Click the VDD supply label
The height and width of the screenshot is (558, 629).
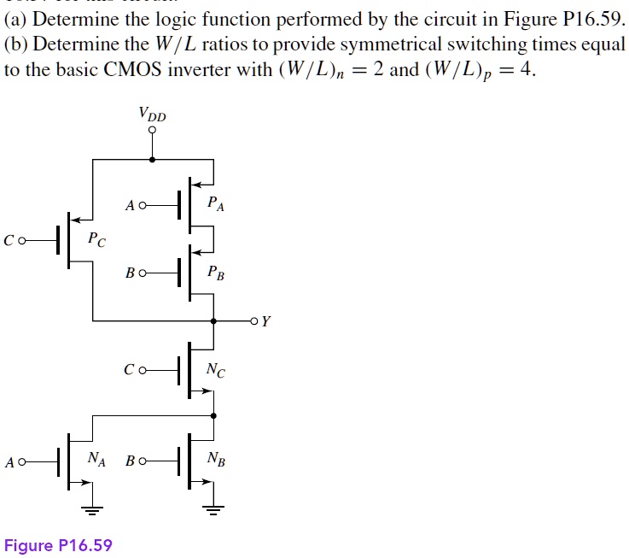[x=152, y=114]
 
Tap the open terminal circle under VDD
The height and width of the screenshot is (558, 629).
[x=152, y=131]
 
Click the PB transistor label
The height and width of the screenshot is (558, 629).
[x=216, y=273]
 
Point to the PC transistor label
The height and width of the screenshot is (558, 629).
[x=97, y=241]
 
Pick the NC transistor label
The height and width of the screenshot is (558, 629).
[x=216, y=370]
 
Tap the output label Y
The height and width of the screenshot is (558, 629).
[x=266, y=322]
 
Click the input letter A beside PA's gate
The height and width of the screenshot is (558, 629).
[x=129, y=206]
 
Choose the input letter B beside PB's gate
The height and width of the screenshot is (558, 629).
[x=129, y=274]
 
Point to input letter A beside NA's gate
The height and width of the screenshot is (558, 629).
[x=9, y=463]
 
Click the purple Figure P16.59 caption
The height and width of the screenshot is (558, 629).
[x=58, y=545]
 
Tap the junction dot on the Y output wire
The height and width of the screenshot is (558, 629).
[x=213, y=321]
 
